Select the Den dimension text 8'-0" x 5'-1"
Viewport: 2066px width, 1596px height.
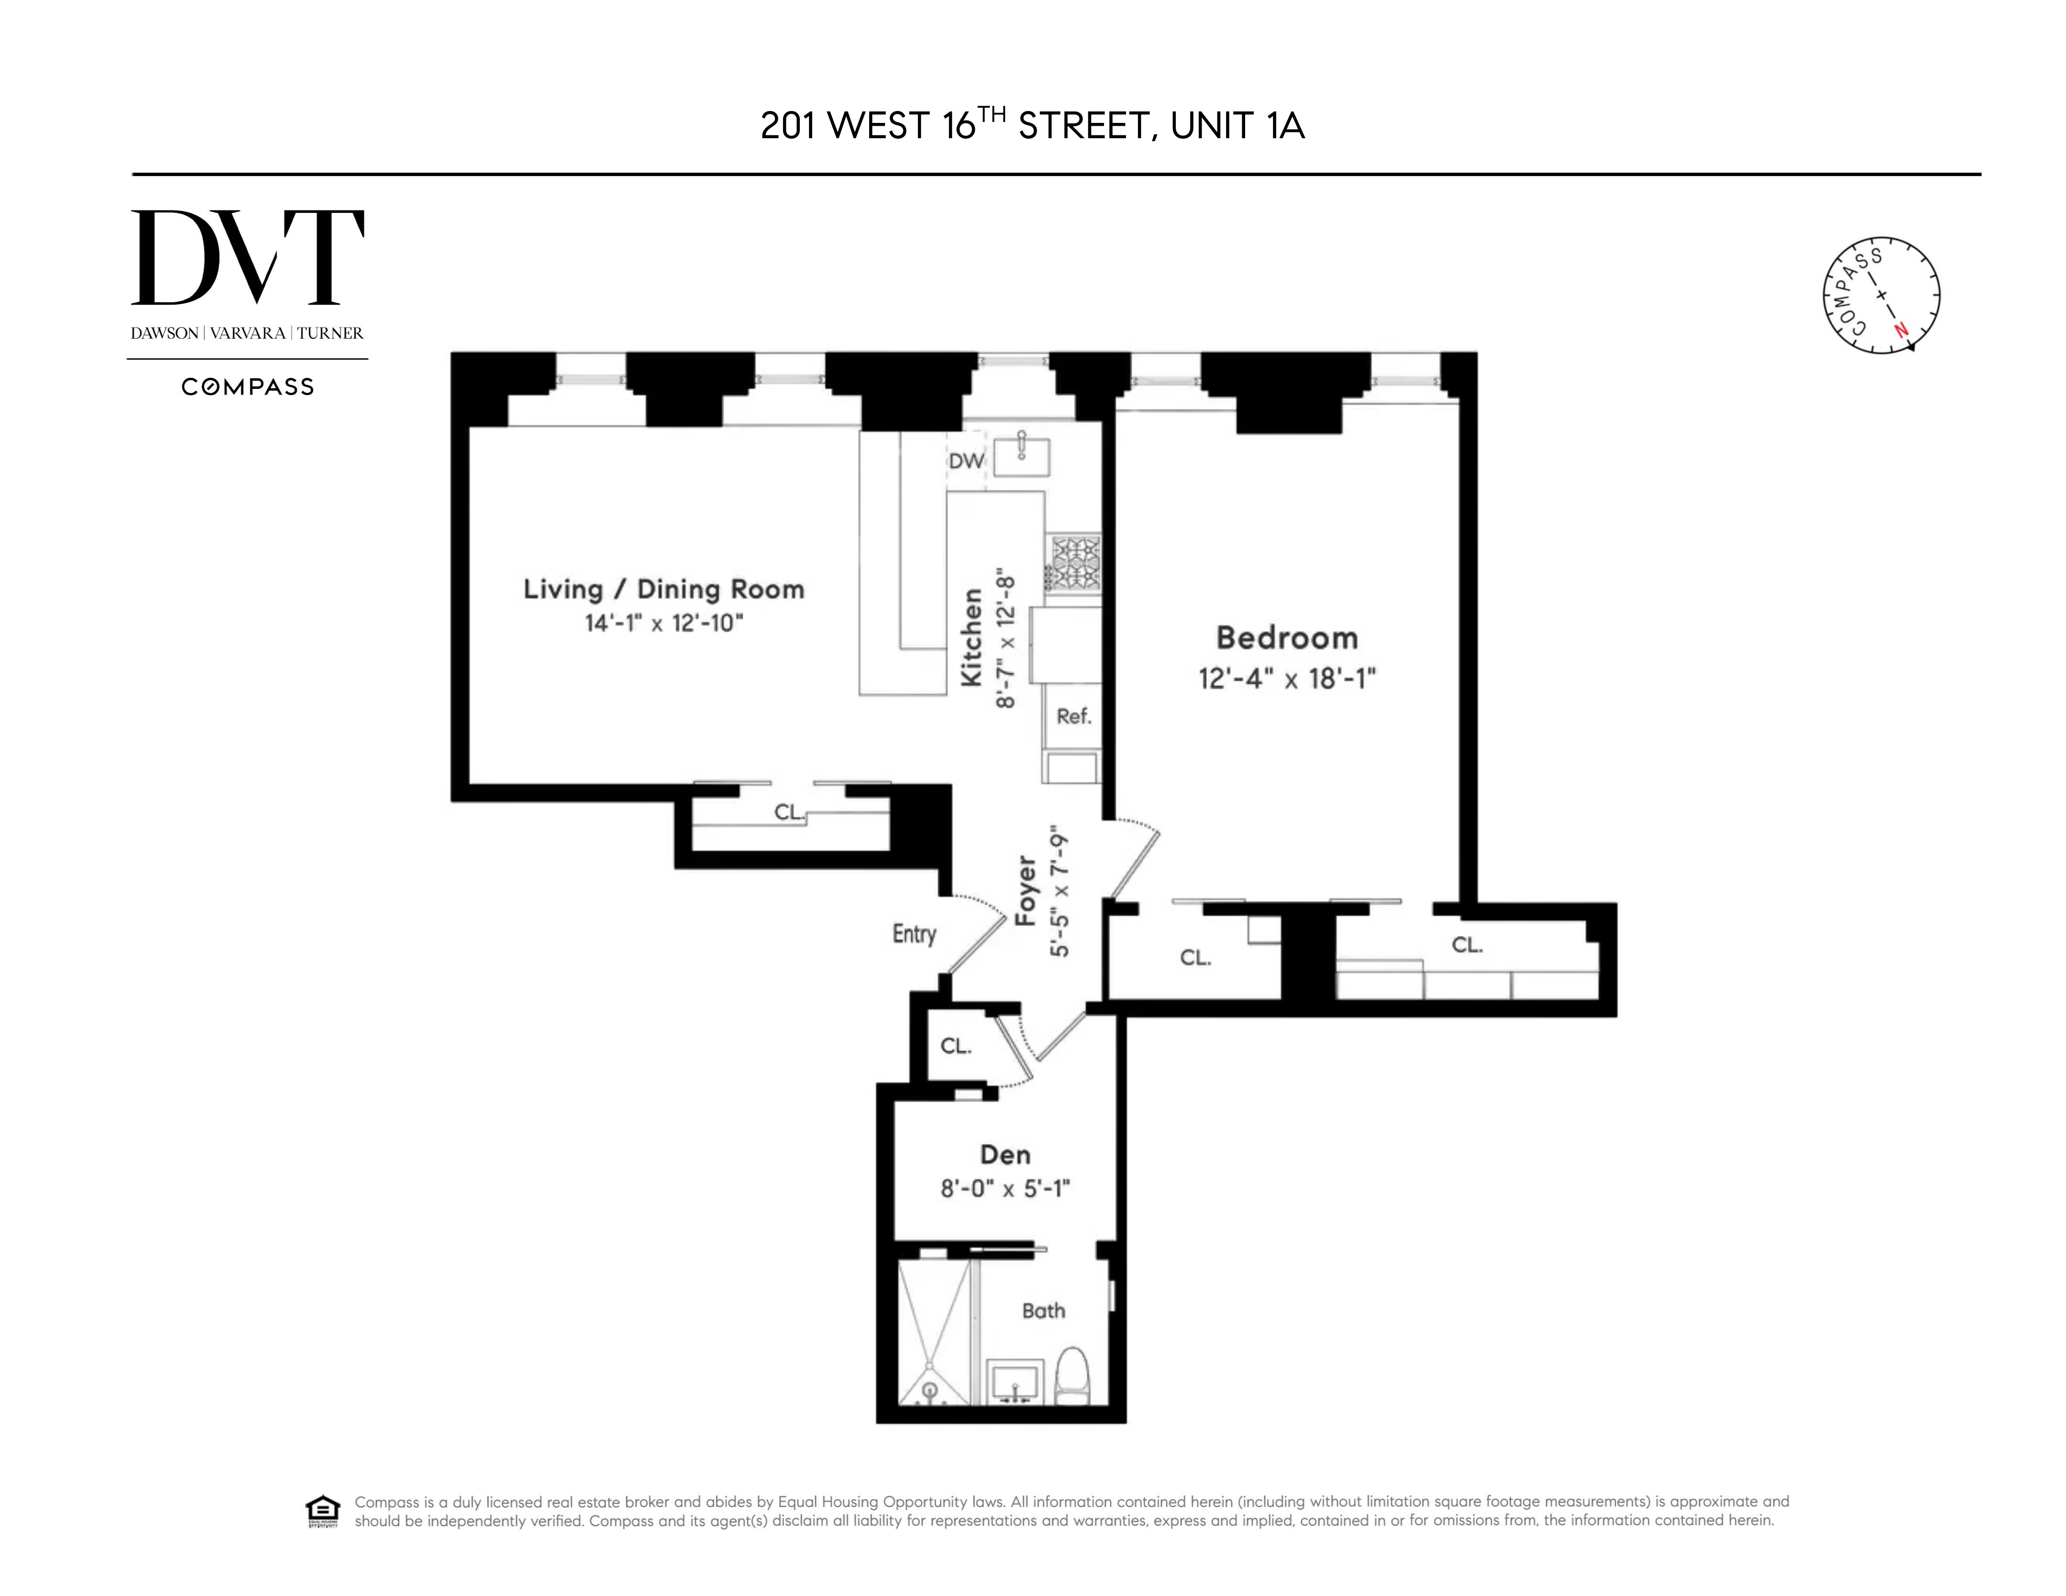click(1005, 1188)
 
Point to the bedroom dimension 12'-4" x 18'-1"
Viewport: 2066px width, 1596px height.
click(1286, 678)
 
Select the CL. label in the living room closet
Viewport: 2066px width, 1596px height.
click(789, 812)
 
